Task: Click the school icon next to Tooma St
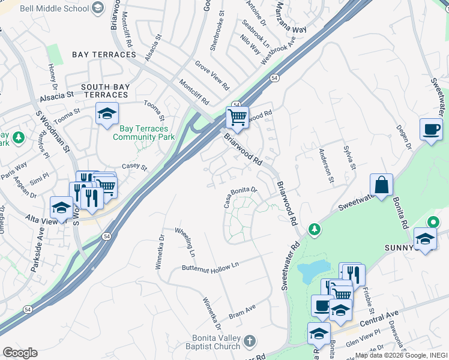click(107, 113)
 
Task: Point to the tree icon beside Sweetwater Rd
click(313, 229)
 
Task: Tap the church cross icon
click(250, 342)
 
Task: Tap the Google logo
click(20, 352)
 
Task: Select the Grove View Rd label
click(212, 74)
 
